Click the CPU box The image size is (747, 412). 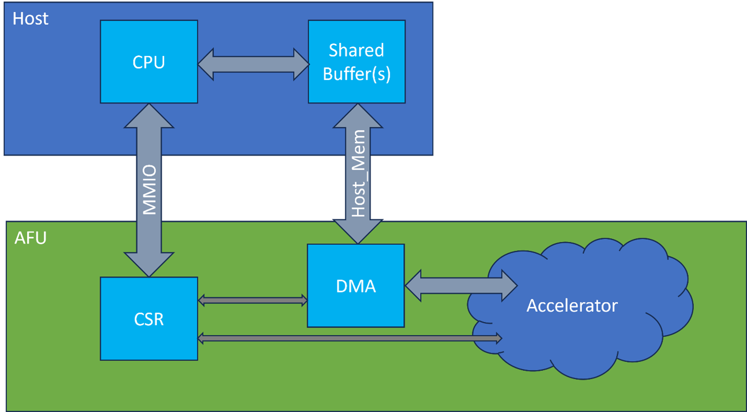coord(149,62)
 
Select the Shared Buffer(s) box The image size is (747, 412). coord(356,62)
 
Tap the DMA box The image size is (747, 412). coord(356,285)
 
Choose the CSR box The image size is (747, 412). coord(149,319)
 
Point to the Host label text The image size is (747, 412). coord(30,19)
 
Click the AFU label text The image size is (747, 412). coord(30,238)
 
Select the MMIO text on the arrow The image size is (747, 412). coord(149,190)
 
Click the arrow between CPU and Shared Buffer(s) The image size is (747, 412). coord(253,64)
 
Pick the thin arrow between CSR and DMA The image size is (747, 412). coord(253,300)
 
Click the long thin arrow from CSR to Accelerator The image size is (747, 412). coord(349,338)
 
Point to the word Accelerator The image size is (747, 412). coord(572,305)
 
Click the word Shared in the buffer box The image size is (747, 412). coord(356,51)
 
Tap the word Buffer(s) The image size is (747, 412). coord(356,74)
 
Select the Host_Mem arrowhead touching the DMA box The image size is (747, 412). coord(358,232)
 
